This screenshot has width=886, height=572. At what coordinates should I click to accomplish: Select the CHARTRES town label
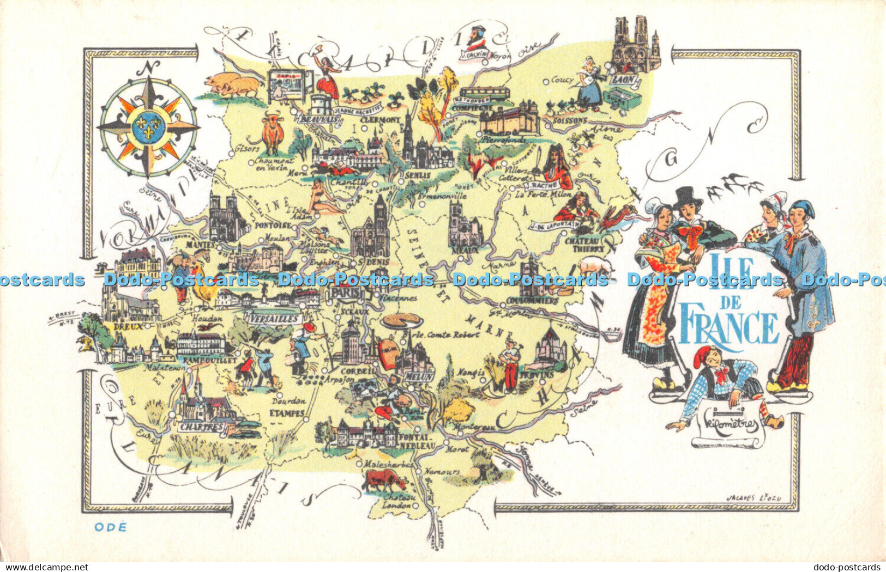pyautogui.click(x=202, y=427)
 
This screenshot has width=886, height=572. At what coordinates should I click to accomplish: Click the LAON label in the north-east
pyautogui.click(x=623, y=80)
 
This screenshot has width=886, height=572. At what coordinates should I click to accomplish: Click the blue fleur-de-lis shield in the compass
pyautogui.click(x=148, y=129)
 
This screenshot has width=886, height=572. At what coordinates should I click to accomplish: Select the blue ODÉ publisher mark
pyautogui.click(x=110, y=527)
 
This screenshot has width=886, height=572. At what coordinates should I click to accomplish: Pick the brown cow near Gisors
pyautogui.click(x=273, y=133)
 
